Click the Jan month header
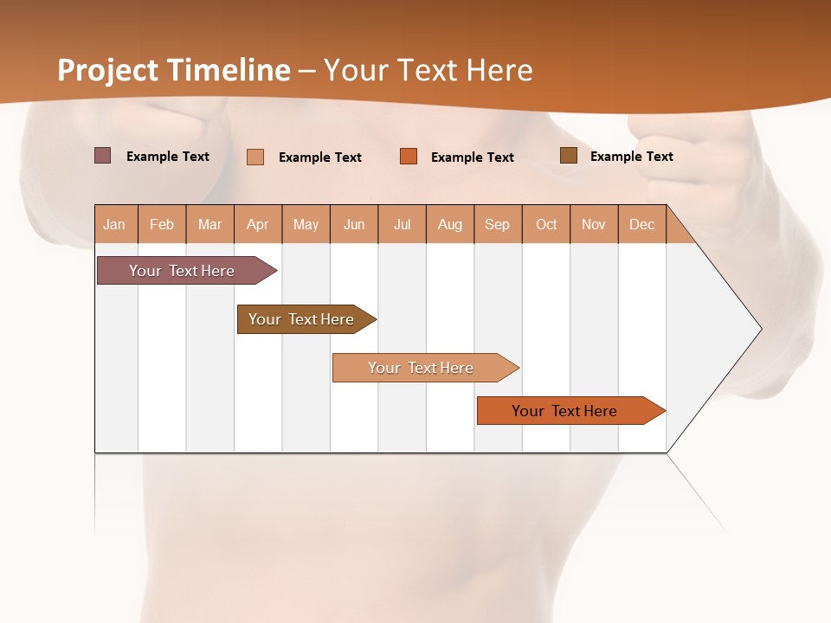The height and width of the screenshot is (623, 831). pos(115,224)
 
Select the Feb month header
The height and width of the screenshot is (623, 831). pos(162,224)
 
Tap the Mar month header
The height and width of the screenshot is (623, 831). pos(209,224)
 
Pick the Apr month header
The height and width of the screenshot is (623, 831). pos(258,224)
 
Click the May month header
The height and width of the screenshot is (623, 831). pos(306,224)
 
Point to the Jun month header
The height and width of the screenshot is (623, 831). pos(354,224)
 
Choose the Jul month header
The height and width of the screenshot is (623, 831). pos(402,224)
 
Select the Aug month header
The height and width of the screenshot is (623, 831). pos(450,224)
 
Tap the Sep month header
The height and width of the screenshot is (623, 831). pos(498,224)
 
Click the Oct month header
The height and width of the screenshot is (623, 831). pos(546,224)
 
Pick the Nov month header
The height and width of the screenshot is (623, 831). pos(594,224)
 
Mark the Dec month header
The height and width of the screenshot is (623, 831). pos(642,224)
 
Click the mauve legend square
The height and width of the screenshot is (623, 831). pos(102,156)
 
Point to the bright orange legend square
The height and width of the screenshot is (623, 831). pos(409,157)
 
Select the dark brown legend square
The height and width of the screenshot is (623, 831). pos(568,156)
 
